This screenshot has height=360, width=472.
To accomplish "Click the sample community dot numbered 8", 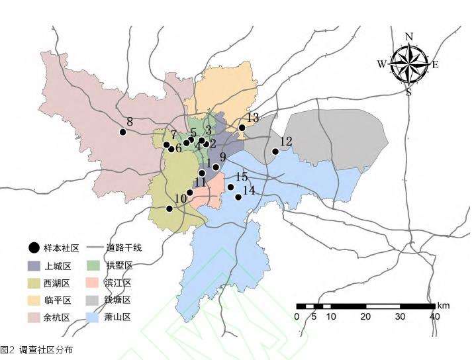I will (122, 132).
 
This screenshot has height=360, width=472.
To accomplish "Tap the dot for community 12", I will (275, 152).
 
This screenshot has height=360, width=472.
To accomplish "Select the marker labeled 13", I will (242, 128).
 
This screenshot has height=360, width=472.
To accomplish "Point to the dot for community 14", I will (238, 197).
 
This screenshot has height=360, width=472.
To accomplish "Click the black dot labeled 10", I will (169, 208).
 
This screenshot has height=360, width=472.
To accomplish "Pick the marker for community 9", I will (216, 167).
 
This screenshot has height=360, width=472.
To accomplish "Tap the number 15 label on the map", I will (242, 177).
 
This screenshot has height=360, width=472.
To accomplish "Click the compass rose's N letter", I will (409, 37).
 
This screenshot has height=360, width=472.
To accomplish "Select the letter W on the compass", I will (382, 64).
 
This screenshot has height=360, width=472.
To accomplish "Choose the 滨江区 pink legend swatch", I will (93, 283).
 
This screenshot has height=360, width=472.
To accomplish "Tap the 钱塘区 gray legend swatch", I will (93, 300).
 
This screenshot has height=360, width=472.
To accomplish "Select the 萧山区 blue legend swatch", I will (93, 317).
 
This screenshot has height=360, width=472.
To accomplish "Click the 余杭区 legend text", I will (57, 317).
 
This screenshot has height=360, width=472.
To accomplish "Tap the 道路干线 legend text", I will (124, 248).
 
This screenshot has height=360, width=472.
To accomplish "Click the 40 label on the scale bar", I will (434, 317).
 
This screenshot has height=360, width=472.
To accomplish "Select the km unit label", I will (444, 306).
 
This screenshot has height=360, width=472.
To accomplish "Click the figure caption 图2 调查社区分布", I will (37, 349).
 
